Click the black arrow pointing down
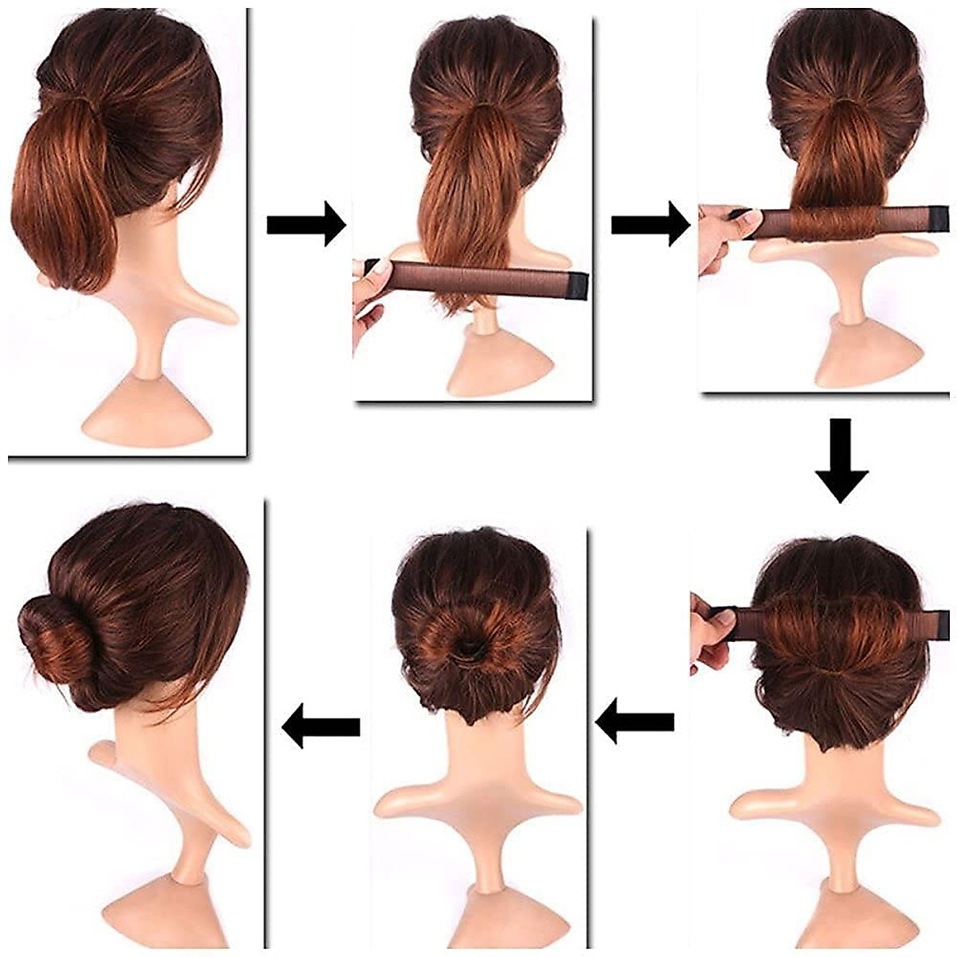pyautogui.click(x=841, y=459)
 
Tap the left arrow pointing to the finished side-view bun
pyautogui.click(x=321, y=725)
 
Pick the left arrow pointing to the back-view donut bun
pyautogui.click(x=635, y=722)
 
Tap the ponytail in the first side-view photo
pyautogui.click(x=60, y=199)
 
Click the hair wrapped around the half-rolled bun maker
pyautogui.click(x=830, y=223)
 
